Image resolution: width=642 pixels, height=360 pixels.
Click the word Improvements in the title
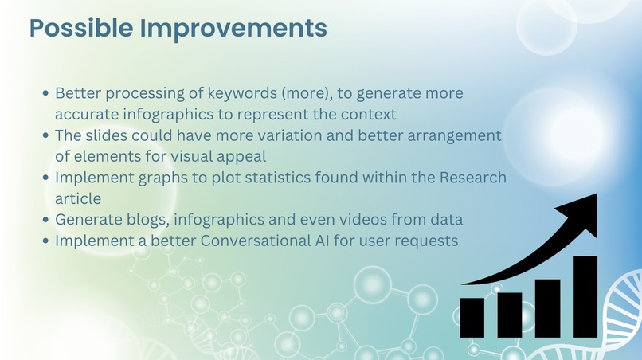(x=233, y=28)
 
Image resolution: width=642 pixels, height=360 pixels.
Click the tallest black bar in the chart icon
(x=585, y=296)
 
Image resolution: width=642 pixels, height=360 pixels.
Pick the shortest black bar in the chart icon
(x=472, y=316)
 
